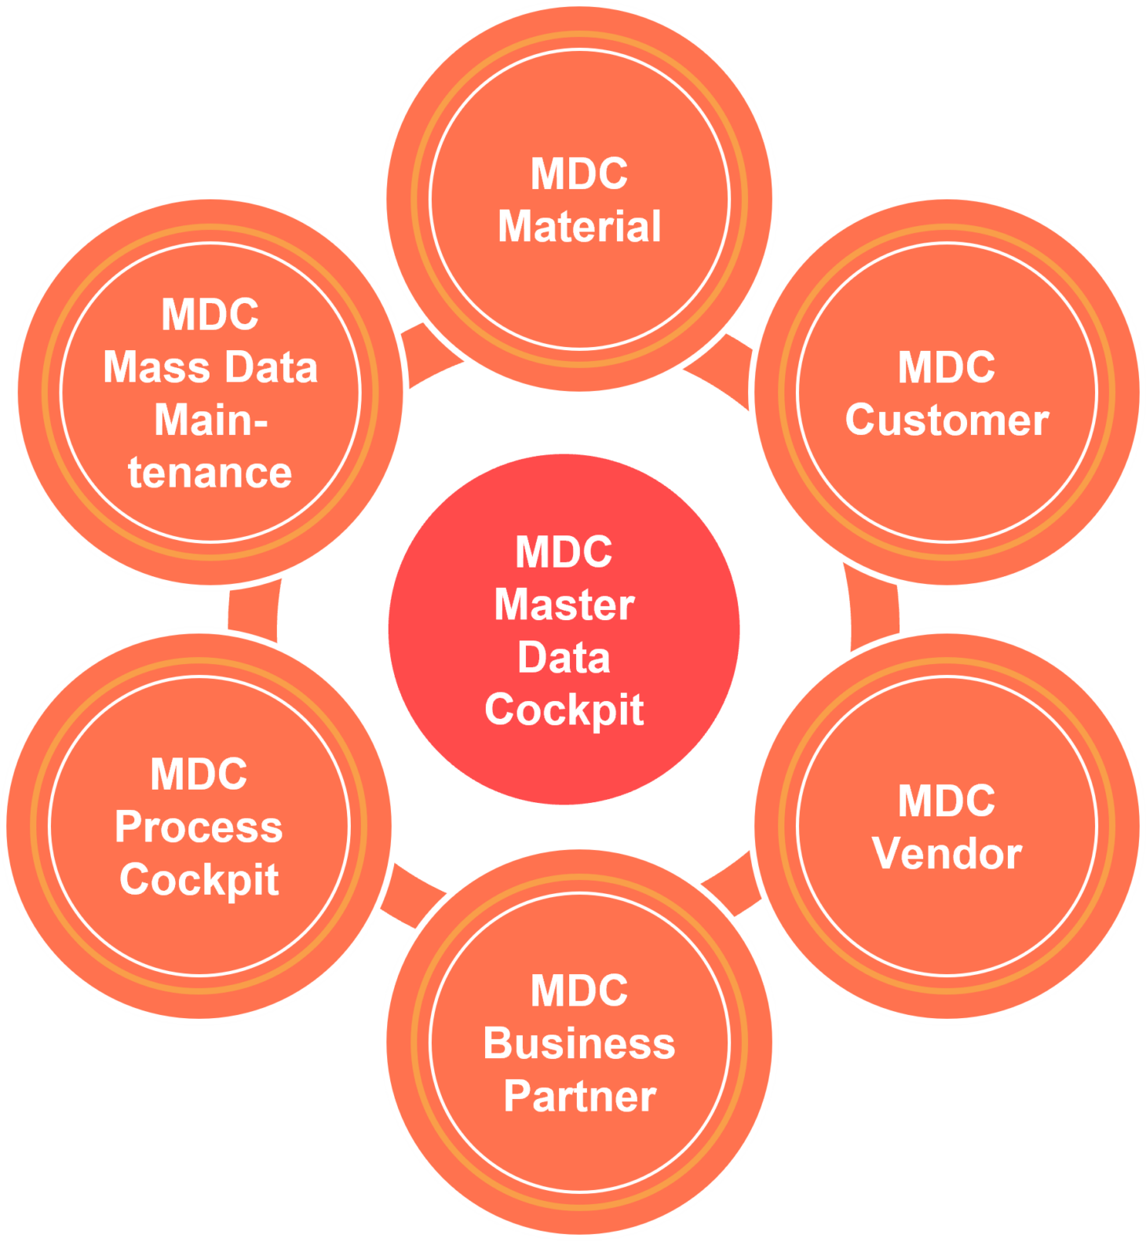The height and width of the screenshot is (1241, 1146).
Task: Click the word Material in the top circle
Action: pos(579,227)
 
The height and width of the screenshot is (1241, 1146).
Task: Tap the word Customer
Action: pos(947,420)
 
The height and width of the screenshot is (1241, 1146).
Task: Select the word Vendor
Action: pos(947,853)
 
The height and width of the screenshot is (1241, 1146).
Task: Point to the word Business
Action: pos(579,1044)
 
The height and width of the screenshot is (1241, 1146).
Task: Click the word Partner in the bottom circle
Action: pos(579,1097)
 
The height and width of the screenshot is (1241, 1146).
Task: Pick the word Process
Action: pos(199,827)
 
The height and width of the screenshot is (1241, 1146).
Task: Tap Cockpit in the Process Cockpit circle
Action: pos(199,880)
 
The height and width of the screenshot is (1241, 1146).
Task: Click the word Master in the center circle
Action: pos(564,605)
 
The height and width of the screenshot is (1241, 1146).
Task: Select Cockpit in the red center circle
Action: pos(564,710)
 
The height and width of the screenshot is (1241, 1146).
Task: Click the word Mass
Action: pos(144,367)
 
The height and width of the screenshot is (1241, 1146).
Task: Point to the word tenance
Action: pos(210,473)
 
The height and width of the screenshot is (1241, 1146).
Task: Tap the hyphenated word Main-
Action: pos(210,420)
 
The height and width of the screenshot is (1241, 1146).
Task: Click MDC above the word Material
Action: pos(579,173)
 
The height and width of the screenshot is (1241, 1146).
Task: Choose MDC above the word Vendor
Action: pos(947,801)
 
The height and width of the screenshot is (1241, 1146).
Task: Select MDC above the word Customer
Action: pos(947,367)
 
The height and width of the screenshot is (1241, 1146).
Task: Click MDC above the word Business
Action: pos(579,991)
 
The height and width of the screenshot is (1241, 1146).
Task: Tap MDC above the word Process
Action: pos(199,775)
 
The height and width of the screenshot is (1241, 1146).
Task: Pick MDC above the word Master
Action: pos(564,553)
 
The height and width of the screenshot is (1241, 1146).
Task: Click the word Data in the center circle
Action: pos(564,658)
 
